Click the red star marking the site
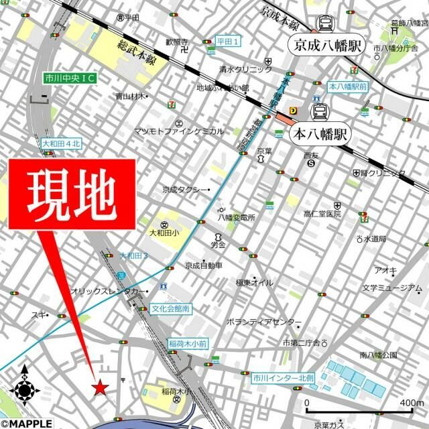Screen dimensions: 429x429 click(100, 387)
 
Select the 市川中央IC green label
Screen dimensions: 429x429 click(70, 78)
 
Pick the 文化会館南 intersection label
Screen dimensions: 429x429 click(170, 309)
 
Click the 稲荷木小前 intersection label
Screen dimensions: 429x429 click(187, 343)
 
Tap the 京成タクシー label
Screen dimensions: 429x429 click(186, 190)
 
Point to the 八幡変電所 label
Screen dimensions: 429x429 click(236, 218)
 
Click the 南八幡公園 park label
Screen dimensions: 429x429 click(379, 354)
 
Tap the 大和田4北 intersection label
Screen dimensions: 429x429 click(61, 143)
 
